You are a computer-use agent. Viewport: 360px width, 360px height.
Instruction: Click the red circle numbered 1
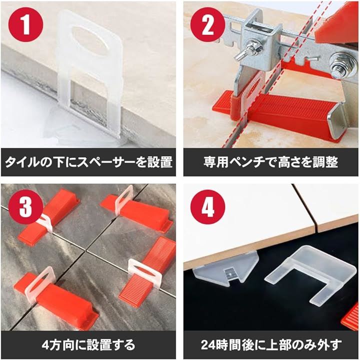tap(25, 24)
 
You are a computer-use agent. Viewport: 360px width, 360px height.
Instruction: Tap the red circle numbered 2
tap(207, 24)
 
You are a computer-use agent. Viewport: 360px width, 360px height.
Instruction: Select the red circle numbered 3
tap(25, 207)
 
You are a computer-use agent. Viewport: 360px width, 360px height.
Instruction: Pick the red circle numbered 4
tap(207, 207)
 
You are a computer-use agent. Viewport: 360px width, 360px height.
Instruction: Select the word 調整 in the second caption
tap(325, 162)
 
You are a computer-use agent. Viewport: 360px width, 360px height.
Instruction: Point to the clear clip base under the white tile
tap(226, 268)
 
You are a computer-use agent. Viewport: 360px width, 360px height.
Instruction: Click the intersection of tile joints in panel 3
tap(86, 250)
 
